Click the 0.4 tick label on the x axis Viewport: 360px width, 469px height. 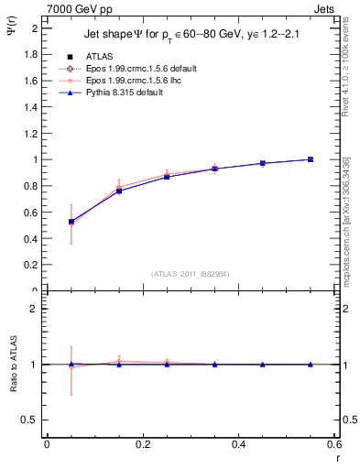(x=239, y=445)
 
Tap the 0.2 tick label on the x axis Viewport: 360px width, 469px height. (x=142, y=445)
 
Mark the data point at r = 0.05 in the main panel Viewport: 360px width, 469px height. (x=71, y=221)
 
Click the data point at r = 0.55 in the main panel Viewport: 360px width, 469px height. (x=311, y=159)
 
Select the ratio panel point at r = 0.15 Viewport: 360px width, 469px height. (x=119, y=364)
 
